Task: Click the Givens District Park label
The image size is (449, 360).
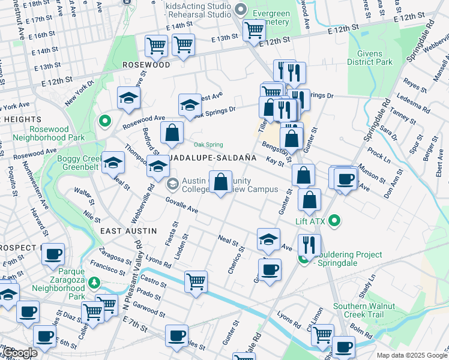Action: click(x=369, y=58)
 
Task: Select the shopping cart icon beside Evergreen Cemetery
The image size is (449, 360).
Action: click(x=254, y=29)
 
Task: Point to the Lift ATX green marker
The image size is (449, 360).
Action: click(x=335, y=221)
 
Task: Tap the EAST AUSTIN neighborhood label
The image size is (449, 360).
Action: click(x=128, y=231)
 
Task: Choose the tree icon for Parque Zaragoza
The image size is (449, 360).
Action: click(x=94, y=282)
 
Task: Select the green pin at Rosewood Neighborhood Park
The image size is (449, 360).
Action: click(x=105, y=121)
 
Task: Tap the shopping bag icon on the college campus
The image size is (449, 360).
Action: click(x=221, y=182)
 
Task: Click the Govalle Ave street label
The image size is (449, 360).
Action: click(x=181, y=206)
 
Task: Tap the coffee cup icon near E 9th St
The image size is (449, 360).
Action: click(x=53, y=254)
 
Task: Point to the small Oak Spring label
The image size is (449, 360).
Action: click(x=208, y=145)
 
